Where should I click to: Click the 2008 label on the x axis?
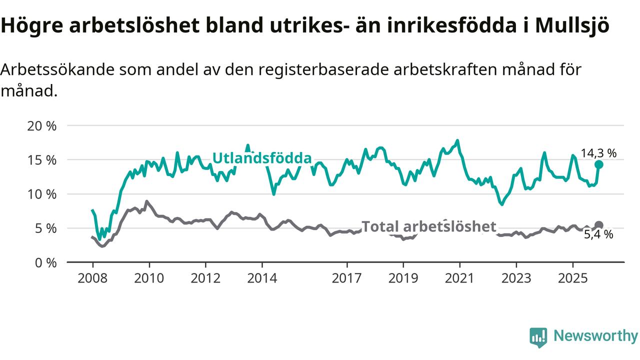[92, 277]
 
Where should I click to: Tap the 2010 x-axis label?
[149, 277]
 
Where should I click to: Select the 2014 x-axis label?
[262, 277]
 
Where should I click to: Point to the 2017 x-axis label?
[346, 277]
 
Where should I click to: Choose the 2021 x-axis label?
[459, 277]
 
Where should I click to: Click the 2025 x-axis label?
[572, 277]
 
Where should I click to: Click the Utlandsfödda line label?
[262, 158]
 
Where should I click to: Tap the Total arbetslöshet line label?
[428, 226]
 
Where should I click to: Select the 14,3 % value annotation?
[598, 153]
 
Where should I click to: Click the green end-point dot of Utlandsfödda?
[598, 164]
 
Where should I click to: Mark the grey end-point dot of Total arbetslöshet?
[598, 225]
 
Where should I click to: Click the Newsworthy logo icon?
[538, 337]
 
